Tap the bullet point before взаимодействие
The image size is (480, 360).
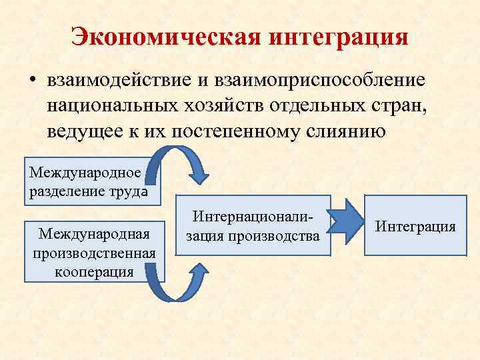pyautogui.click(x=31, y=81)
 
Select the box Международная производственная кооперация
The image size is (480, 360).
pyautogui.click(x=93, y=251)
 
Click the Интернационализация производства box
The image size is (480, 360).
pyautogui.click(x=253, y=225)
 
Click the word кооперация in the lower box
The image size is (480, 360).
pyautogui.click(x=93, y=272)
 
